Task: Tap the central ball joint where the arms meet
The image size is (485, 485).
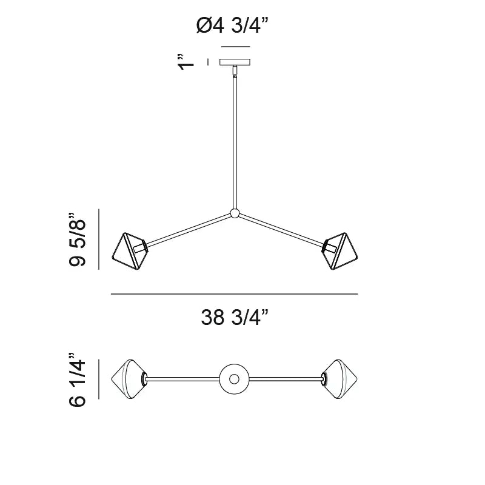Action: (235, 213)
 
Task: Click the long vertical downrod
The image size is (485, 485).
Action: (235, 139)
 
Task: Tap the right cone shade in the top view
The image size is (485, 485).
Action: (341, 379)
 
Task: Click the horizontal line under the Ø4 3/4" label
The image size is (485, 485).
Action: (235, 47)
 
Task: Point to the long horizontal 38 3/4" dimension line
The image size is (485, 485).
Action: (235, 294)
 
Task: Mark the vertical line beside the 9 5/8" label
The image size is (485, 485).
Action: (99, 239)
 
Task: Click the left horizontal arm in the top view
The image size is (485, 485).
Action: (182, 380)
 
